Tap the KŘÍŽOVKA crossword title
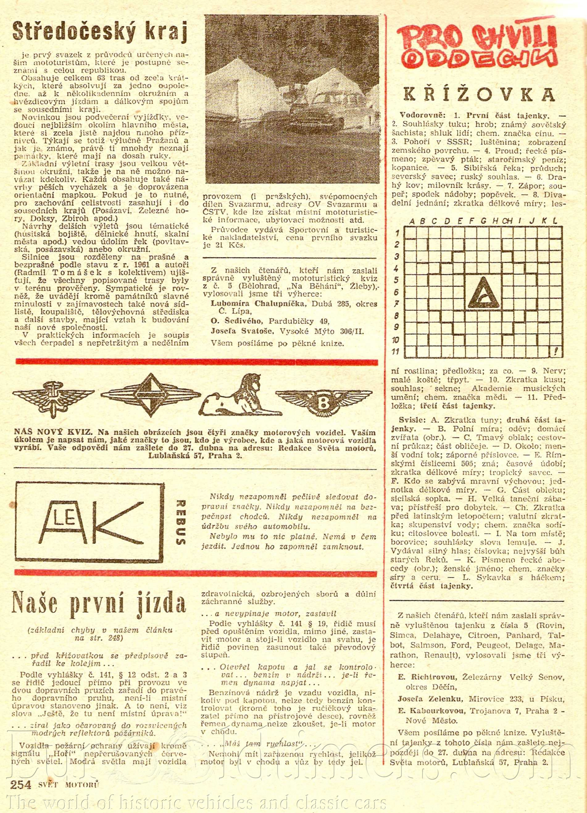[480, 94]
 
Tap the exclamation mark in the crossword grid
[555, 351]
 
